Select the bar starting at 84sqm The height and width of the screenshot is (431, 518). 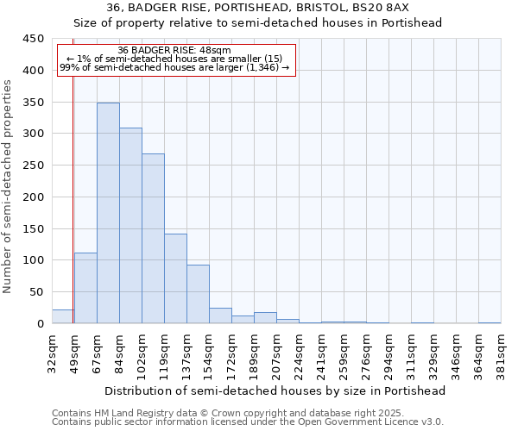click(130, 226)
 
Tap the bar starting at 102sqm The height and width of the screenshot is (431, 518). click(153, 239)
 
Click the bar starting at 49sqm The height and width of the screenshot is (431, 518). click(85, 288)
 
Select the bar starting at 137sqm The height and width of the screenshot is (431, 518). click(198, 294)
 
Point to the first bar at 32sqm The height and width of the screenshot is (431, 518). click(63, 316)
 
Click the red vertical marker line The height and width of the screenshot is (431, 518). click(73, 198)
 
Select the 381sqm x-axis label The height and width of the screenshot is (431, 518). click(501, 353)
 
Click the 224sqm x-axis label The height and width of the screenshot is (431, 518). click(299, 353)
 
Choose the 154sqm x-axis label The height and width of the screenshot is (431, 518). click(209, 353)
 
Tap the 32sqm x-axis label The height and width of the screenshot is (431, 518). click(52, 353)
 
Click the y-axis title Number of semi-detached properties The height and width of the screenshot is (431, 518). click(8, 185)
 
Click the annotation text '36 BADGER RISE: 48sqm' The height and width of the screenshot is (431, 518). click(174, 51)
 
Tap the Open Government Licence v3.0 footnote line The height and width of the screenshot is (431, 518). click(247, 422)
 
